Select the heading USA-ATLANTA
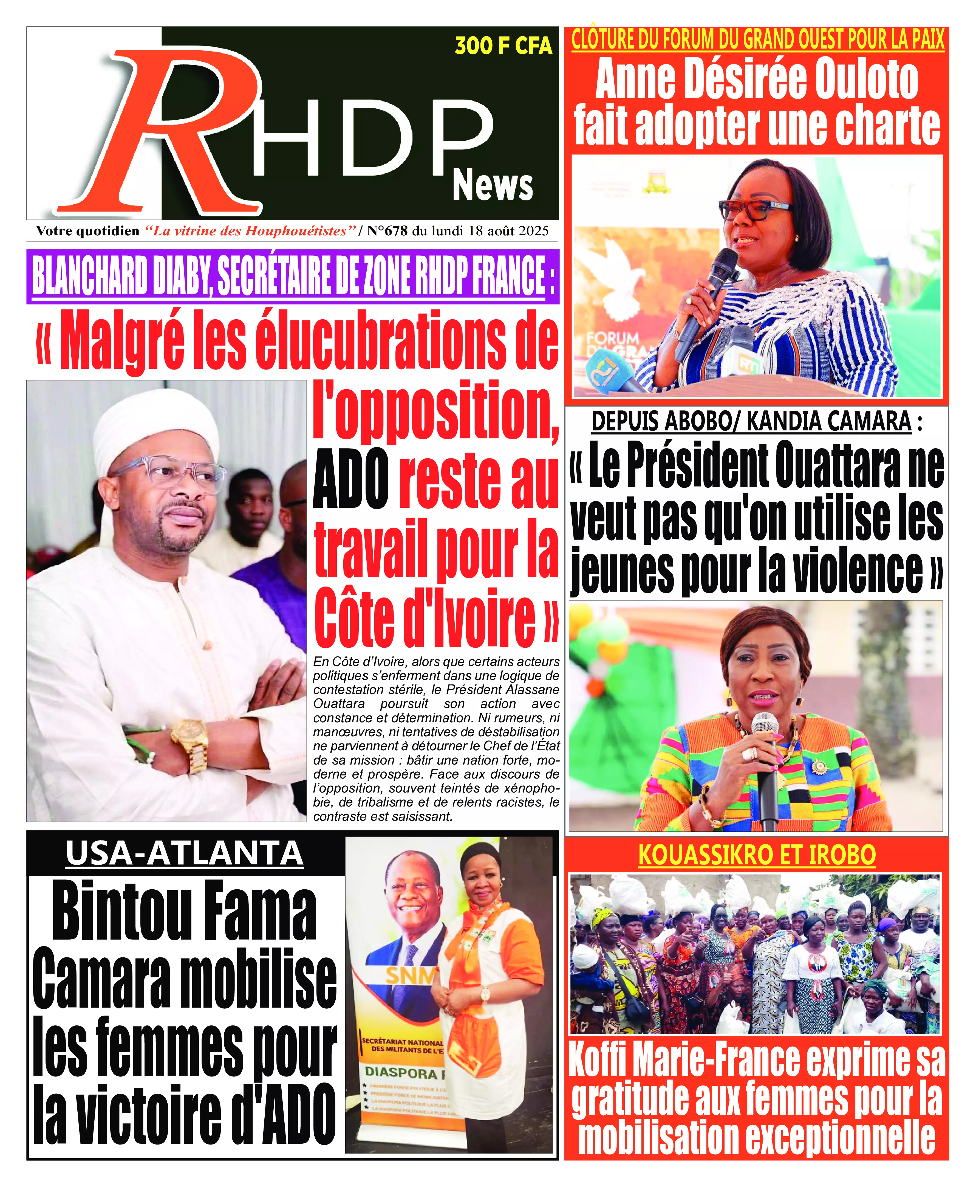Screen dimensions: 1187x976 click(184, 854)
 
